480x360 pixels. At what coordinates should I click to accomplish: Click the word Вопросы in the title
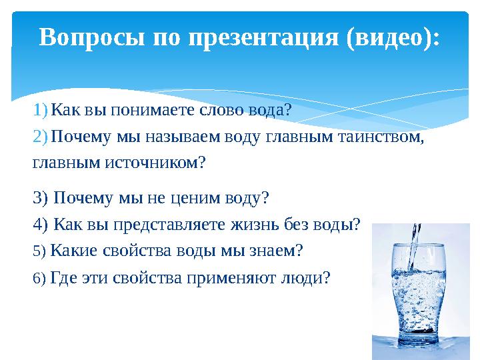(x=92, y=37)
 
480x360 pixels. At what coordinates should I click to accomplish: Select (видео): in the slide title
(x=393, y=38)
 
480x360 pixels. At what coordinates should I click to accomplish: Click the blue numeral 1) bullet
(x=40, y=110)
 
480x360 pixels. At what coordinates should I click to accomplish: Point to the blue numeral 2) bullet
(x=40, y=136)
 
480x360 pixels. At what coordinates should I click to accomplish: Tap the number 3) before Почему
(x=41, y=197)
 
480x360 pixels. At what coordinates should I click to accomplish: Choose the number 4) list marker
(x=41, y=225)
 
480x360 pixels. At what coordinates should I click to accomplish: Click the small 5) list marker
(x=39, y=251)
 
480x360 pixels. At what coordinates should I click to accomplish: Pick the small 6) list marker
(x=39, y=278)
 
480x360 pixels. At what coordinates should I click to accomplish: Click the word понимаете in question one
(x=153, y=110)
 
